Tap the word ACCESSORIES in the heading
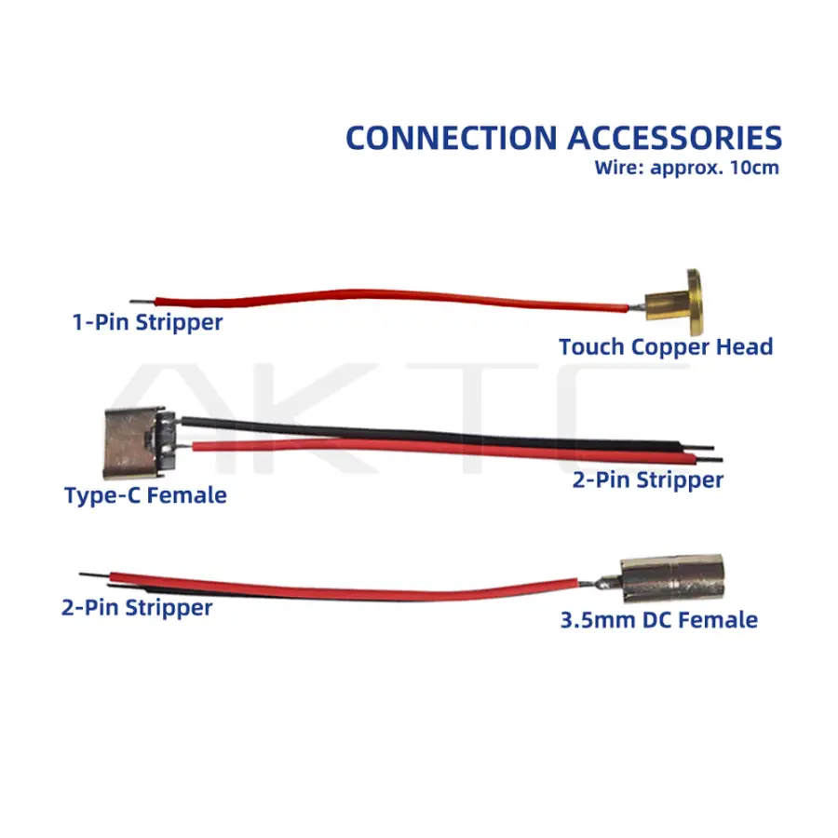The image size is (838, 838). coord(674,138)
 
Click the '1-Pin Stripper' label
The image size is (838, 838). coord(147,322)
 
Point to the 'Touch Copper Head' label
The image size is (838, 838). coord(666,347)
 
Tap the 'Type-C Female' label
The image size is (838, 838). coord(145,494)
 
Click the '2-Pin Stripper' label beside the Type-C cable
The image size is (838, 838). coord(647,480)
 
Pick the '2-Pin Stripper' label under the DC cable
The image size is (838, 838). coord(137,608)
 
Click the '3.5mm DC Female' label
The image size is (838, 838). coord(658,619)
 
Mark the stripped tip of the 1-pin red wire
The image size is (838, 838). coord(135,303)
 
